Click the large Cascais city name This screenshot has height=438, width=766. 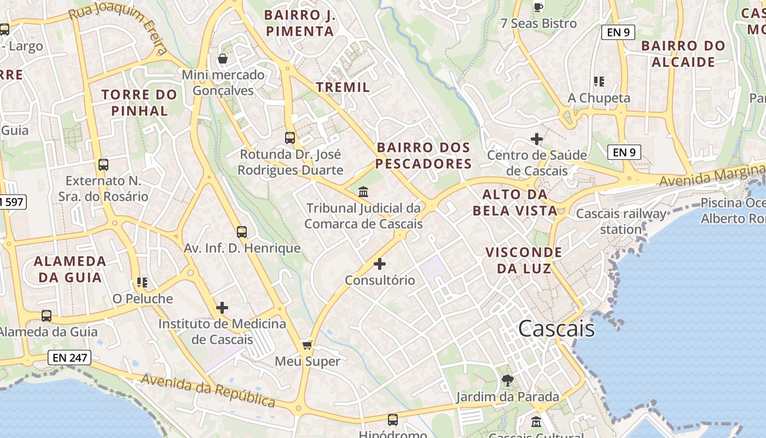[556, 328]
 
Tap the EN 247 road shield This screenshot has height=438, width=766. [69, 358]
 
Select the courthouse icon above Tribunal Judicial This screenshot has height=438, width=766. [363, 192]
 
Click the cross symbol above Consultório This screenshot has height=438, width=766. [379, 264]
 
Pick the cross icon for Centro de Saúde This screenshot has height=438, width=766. [537, 139]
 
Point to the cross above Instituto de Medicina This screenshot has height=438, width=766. [222, 307]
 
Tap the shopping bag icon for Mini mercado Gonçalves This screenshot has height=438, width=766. [223, 58]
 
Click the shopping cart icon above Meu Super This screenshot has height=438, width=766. [307, 344]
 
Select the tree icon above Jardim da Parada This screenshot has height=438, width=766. [508, 380]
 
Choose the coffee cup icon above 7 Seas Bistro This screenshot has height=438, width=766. [538, 7]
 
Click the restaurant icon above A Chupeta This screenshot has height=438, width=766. [599, 82]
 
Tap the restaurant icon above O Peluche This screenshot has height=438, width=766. [142, 283]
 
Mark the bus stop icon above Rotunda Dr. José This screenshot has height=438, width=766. [290, 137]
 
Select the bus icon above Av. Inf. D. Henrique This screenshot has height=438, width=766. [242, 232]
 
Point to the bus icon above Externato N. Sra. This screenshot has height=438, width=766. [103, 164]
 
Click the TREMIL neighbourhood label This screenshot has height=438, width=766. [343, 87]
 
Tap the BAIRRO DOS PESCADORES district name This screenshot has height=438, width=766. [423, 155]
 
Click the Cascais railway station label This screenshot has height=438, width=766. [622, 221]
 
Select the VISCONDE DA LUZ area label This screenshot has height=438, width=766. [524, 260]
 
